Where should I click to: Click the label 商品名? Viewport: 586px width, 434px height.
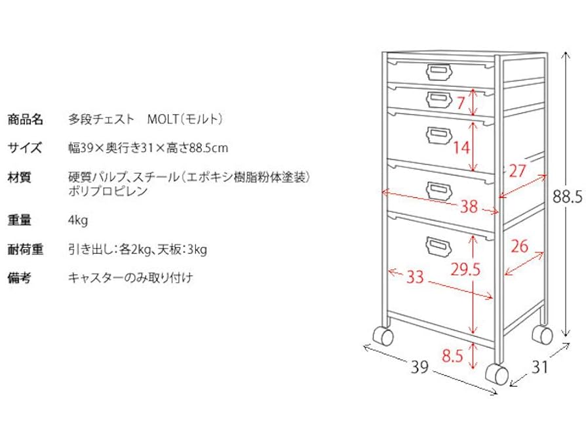(x=25, y=119)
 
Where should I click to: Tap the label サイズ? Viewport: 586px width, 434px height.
(x=25, y=148)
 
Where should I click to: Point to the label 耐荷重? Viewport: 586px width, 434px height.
(x=25, y=249)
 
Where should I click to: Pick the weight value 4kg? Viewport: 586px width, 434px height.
(x=77, y=220)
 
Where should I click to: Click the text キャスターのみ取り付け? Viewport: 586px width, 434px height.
(x=130, y=278)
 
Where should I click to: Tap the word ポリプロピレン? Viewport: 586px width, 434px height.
(x=108, y=191)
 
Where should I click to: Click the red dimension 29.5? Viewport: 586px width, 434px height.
(x=466, y=269)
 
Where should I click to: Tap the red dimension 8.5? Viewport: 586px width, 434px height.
(x=453, y=357)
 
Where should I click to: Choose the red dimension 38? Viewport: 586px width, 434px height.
(x=468, y=207)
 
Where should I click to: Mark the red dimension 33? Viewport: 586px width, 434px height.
(x=415, y=277)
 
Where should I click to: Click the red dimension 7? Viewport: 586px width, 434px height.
(x=461, y=102)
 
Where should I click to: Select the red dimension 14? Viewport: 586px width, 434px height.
(x=462, y=148)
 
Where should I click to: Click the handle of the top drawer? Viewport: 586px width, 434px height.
(x=437, y=69)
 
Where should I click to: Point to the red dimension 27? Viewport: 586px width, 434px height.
(x=517, y=172)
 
